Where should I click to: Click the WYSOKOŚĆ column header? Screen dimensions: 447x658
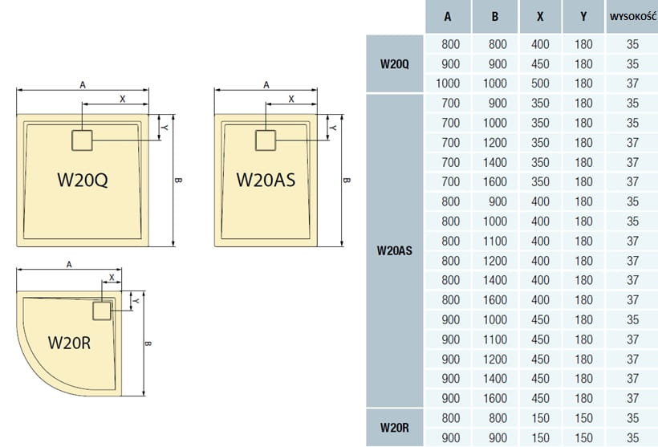632,17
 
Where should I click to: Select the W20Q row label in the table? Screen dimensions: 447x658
394,64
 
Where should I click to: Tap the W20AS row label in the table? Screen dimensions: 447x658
394,250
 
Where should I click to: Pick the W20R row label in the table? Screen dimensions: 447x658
394,428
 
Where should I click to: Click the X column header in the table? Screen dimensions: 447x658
540,17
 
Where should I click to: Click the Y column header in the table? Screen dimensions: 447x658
583,17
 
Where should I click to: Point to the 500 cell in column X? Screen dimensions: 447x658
540,83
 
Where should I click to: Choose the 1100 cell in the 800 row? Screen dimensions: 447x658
495,241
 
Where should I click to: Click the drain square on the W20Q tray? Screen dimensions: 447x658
84,140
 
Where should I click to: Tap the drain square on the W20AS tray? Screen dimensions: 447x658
266,140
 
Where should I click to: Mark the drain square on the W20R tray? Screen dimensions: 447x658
102,311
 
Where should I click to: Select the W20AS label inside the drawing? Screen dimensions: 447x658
266,179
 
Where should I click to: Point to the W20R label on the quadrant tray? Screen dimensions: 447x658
69,343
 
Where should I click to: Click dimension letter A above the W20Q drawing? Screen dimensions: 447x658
82,83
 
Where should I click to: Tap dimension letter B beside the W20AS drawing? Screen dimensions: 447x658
346,179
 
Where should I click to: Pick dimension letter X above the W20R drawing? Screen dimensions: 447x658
111,275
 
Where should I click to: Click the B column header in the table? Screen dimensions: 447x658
495,17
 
